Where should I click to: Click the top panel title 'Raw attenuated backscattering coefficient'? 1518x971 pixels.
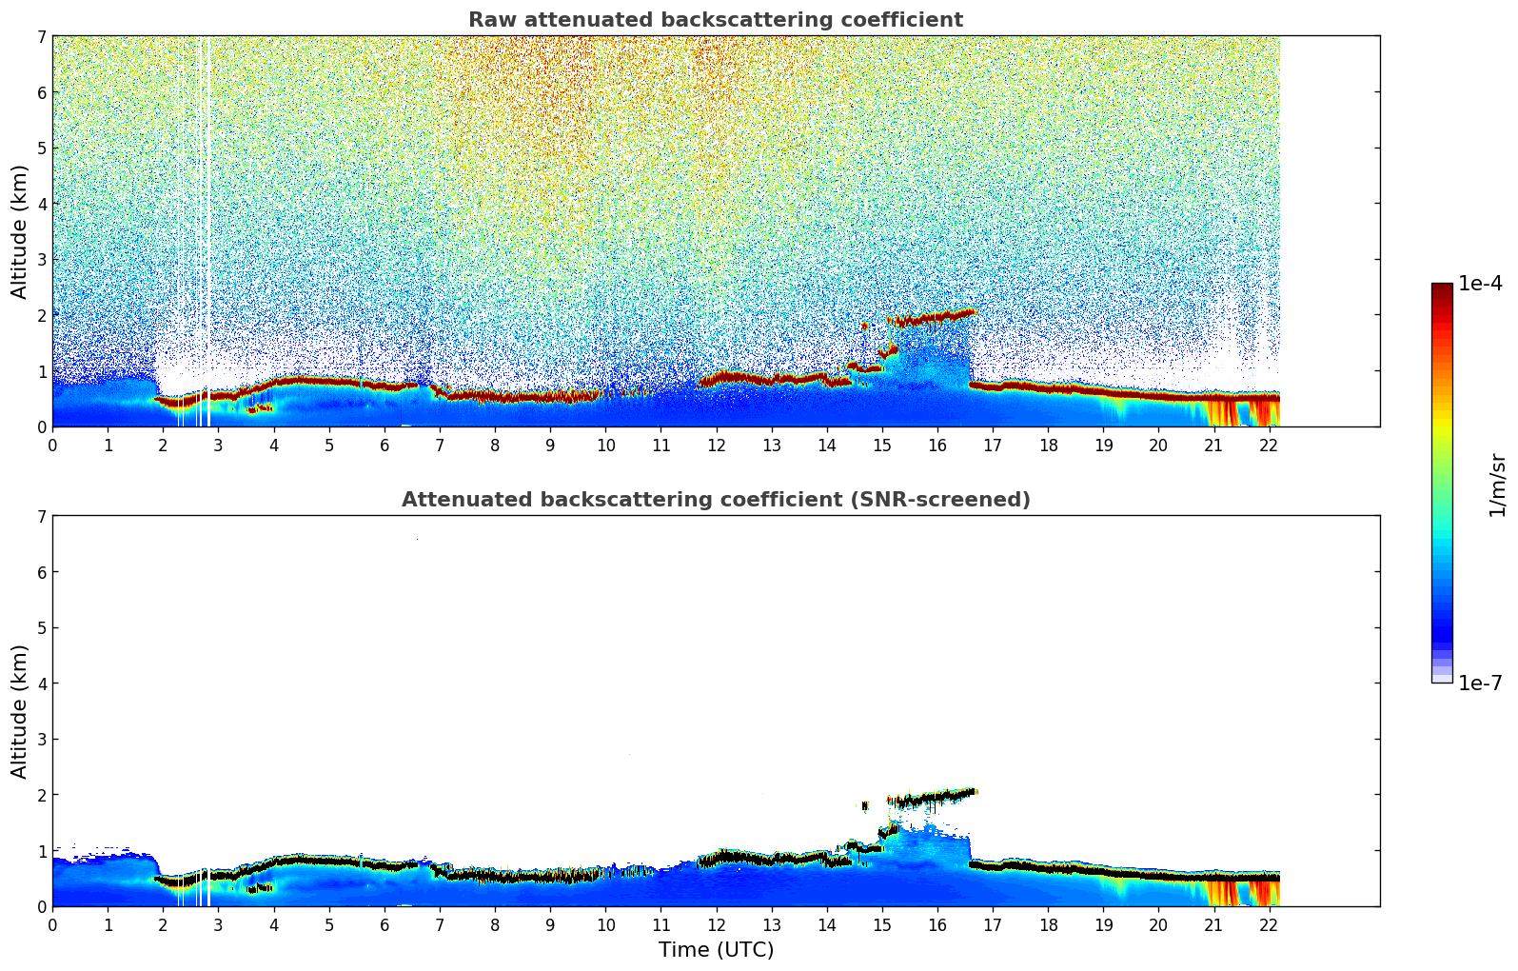pyautogui.click(x=715, y=20)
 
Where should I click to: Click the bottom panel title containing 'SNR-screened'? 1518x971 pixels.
pyautogui.click(x=715, y=500)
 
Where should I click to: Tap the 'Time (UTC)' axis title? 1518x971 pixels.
pyautogui.click(x=716, y=950)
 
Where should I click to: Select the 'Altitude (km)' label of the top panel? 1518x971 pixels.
pyautogui.click(x=19, y=231)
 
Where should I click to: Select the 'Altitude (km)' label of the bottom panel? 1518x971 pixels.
pyautogui.click(x=19, y=711)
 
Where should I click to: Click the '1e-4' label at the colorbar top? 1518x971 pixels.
pyautogui.click(x=1480, y=284)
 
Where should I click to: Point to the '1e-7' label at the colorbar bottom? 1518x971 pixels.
pyautogui.click(x=1480, y=684)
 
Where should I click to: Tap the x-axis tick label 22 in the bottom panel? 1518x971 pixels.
pyautogui.click(x=1269, y=925)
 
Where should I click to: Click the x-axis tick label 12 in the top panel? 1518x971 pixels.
pyautogui.click(x=716, y=446)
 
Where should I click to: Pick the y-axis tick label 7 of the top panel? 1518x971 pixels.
pyautogui.click(x=41, y=36)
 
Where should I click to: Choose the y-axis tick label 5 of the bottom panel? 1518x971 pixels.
pyautogui.click(x=41, y=628)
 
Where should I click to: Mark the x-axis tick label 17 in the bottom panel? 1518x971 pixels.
pyautogui.click(x=993, y=925)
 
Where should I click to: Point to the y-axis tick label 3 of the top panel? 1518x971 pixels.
pyautogui.click(x=41, y=260)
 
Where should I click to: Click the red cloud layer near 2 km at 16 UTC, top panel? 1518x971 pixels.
pyautogui.click(x=937, y=317)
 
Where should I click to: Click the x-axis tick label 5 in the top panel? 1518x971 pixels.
pyautogui.click(x=329, y=446)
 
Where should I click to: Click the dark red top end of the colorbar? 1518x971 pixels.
pyautogui.click(x=1441, y=287)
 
